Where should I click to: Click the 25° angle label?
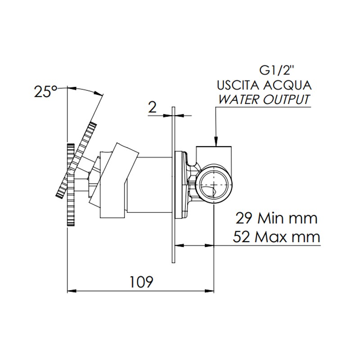[46, 92]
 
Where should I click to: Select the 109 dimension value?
[141, 282]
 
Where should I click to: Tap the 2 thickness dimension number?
[152, 107]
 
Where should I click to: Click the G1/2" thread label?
[276, 71]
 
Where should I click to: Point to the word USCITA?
[238, 85]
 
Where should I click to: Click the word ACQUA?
[288, 85]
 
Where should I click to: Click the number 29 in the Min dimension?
[244, 218]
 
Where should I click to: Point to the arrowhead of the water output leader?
[216, 141]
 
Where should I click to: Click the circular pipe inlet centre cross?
[213, 184]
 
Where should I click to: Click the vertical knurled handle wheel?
[71, 185]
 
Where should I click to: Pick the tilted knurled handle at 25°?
[76, 160]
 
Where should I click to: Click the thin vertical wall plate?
[174, 185]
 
